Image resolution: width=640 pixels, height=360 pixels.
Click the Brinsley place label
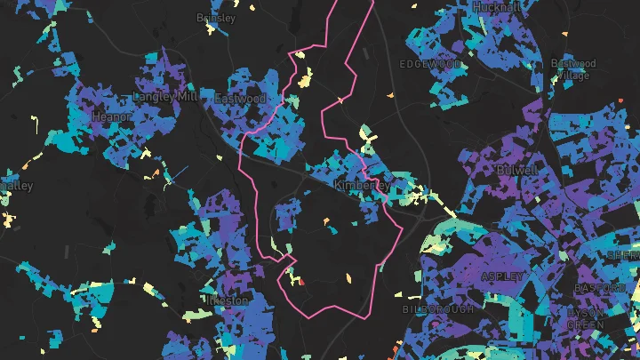click(216, 18)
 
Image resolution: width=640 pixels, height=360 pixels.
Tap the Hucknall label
click(497, 6)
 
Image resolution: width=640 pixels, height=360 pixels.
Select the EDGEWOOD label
click(430, 65)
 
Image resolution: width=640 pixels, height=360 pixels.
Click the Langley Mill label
click(164, 96)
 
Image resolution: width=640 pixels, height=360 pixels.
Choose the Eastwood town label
click(239, 99)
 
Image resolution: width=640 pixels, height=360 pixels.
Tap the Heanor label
click(112, 116)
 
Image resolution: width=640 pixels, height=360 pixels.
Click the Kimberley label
click(361, 185)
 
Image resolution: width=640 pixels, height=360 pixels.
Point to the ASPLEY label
click(498, 276)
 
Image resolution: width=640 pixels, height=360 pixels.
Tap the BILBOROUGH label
click(434, 309)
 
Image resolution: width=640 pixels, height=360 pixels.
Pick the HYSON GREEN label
click(585, 319)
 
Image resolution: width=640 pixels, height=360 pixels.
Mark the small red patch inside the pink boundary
click(300, 281)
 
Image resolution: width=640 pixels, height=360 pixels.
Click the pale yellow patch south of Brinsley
click(305, 81)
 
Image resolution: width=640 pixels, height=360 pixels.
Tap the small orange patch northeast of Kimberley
click(390, 95)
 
